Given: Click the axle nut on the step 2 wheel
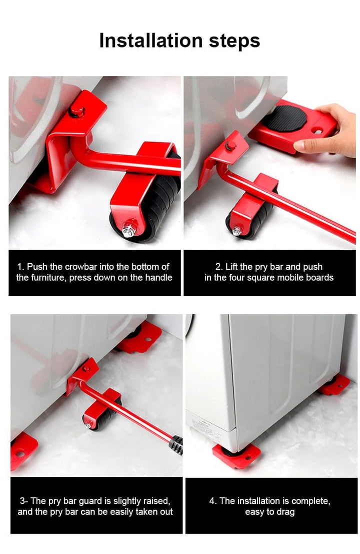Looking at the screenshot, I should [x=237, y=231].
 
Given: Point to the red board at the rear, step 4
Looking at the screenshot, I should [x=334, y=384].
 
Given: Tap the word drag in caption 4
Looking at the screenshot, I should [x=284, y=511].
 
